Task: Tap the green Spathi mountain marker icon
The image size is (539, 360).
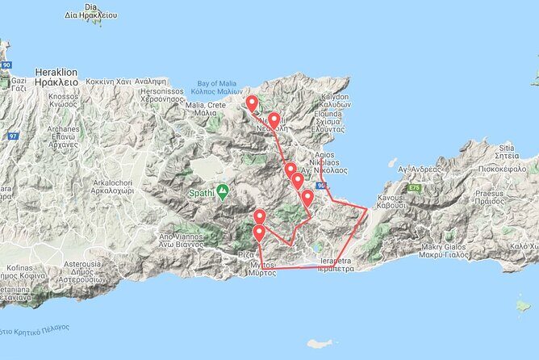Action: tap(222, 190)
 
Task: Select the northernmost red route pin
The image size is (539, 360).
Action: tap(252, 103)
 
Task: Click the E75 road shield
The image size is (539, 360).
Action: tap(414, 187)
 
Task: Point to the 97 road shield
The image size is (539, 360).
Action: tap(12, 136)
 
